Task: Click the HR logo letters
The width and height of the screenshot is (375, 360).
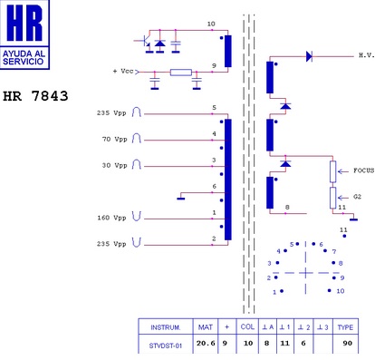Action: (24, 23)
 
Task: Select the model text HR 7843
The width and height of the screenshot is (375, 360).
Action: (35, 96)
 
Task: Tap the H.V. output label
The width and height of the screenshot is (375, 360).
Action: (367, 55)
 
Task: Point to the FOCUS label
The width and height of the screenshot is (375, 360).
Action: (363, 170)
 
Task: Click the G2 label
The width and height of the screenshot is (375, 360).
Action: (357, 197)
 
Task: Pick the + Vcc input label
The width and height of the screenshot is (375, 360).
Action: (123, 72)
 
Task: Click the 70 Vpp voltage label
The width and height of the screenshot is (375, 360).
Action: (115, 140)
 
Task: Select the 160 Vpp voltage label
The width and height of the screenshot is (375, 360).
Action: (111, 218)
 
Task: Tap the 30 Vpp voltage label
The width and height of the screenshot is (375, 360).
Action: (115, 166)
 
